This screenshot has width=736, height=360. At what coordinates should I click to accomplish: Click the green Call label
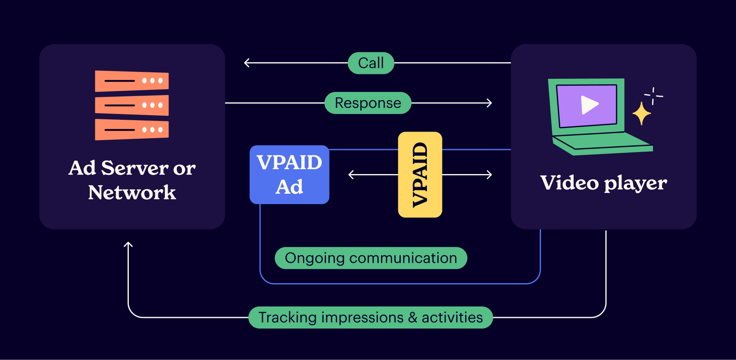click(x=371, y=63)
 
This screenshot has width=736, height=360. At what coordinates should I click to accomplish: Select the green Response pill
click(x=368, y=103)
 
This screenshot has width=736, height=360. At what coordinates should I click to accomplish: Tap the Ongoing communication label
click(x=371, y=258)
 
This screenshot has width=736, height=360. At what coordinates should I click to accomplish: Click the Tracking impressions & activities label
click(x=370, y=318)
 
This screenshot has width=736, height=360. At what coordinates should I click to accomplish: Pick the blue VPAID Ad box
click(x=289, y=174)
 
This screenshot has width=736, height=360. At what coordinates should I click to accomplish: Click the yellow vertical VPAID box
click(x=420, y=174)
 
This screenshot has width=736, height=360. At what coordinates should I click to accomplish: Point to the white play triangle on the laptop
click(x=589, y=105)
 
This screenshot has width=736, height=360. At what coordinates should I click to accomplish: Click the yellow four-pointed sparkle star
click(x=642, y=113)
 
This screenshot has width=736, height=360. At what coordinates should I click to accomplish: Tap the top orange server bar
click(x=132, y=81)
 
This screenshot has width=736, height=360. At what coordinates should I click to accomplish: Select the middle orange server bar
click(x=132, y=105)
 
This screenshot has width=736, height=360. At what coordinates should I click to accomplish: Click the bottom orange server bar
click(x=132, y=130)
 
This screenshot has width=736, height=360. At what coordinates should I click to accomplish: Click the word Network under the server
click(x=132, y=192)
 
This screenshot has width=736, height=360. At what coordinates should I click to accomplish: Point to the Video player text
click(x=604, y=183)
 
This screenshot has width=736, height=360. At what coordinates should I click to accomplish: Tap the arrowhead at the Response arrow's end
click(x=490, y=103)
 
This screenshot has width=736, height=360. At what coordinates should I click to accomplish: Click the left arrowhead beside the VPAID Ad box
click(x=350, y=175)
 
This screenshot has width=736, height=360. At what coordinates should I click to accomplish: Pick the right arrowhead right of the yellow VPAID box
click(x=490, y=175)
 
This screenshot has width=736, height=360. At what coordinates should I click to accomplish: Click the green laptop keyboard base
click(x=601, y=145)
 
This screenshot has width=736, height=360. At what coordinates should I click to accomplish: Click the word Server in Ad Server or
click(x=135, y=168)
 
